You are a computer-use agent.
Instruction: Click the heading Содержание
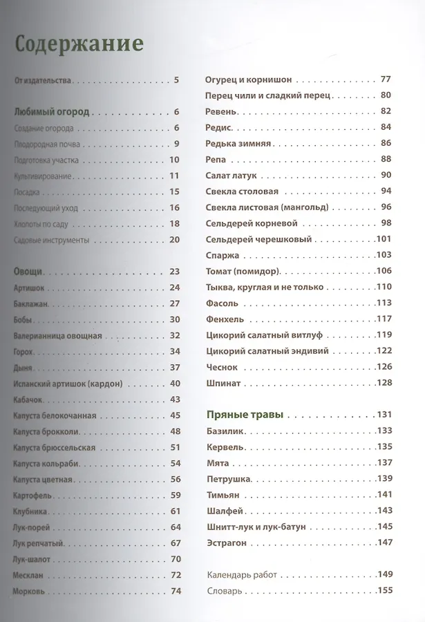click(x=79, y=44)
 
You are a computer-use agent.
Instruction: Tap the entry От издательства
click(x=43, y=80)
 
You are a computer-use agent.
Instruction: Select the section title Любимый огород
click(x=52, y=111)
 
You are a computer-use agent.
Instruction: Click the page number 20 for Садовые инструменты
click(x=173, y=240)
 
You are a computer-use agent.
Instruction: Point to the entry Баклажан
click(x=28, y=303)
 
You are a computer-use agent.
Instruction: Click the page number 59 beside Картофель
click(x=175, y=495)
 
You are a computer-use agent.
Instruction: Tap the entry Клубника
click(x=30, y=511)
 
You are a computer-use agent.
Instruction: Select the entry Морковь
click(x=29, y=591)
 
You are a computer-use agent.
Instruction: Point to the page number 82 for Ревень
click(x=386, y=111)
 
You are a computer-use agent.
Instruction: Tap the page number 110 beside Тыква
click(x=384, y=286)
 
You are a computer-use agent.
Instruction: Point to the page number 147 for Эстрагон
click(x=384, y=543)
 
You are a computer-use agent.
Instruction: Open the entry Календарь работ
click(x=240, y=574)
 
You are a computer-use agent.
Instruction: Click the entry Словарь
click(x=224, y=591)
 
